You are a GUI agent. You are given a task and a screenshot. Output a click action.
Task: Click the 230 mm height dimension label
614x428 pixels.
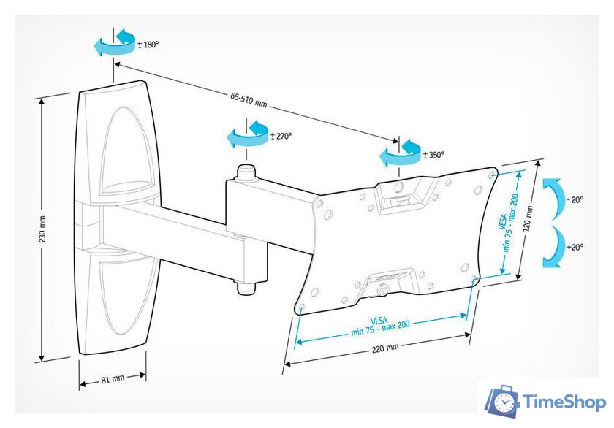pos(42,229)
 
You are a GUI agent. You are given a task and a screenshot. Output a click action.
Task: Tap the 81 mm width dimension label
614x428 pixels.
pos(113,379)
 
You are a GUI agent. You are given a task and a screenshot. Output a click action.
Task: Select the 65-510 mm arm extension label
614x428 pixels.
pos(249,100)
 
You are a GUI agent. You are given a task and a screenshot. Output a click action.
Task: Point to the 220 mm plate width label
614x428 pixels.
pos(385,348)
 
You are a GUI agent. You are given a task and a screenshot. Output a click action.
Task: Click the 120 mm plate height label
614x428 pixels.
pos(528,218)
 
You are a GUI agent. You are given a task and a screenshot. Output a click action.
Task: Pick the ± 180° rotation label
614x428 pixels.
pos(148,45)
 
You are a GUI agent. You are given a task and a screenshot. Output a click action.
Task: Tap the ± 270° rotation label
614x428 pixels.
pos(281,136)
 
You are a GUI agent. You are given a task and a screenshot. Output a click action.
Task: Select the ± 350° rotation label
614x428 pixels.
pos(434,155)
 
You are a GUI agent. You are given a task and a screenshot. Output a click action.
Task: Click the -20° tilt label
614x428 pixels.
pos(575,199)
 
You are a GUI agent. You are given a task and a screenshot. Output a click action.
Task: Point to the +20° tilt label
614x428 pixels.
pos(575,248)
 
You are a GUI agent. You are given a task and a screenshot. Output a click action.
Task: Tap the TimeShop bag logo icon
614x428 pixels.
pos(502,401)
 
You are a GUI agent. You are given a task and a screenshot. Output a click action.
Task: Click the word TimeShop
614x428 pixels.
pos(564,402)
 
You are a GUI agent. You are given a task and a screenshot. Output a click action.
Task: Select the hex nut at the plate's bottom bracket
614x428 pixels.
pos(382,291)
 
